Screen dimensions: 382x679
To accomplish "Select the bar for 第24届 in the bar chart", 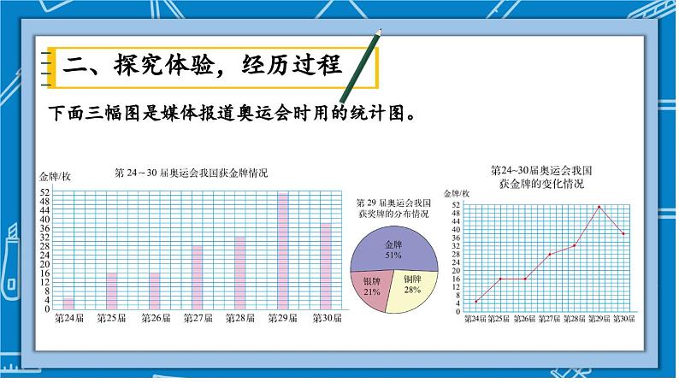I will coord(68,303).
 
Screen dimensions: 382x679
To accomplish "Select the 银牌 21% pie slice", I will coord(371,285).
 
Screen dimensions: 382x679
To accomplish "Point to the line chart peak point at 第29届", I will coord(599,206).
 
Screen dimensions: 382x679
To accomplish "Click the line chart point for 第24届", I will coord(476,301).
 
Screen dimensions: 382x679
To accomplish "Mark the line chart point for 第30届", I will coord(623,233).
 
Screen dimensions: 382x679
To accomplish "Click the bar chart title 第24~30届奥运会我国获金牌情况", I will coord(191,173).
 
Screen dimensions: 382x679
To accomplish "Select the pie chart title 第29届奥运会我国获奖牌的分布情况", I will coord(393,209).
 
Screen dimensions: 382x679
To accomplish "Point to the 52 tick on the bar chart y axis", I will coord(45,190).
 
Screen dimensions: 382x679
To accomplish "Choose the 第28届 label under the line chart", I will coord(575,319).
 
